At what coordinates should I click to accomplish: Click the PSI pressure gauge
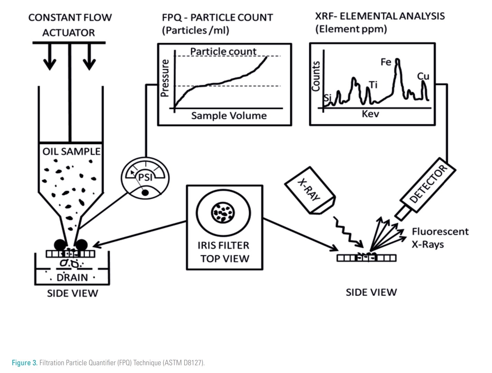coord(145,178)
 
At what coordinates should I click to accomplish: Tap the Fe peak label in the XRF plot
coord(386,62)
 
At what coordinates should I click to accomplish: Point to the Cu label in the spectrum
coord(423,76)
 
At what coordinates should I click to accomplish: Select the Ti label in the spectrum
coord(373,85)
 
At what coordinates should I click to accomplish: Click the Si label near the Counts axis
coord(327,98)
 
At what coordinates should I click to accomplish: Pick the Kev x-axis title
coord(370,114)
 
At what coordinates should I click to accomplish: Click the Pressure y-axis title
coord(165,78)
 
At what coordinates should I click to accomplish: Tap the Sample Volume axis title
coord(229,116)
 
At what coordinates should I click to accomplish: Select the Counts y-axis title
coord(316,76)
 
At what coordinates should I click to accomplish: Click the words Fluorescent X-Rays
coord(440,238)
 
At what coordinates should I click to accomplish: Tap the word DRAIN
coord(72,277)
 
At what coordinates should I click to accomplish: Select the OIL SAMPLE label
coord(71,151)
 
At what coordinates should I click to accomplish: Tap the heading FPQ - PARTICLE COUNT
coord(217,18)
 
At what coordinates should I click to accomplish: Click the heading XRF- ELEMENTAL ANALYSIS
coord(380,16)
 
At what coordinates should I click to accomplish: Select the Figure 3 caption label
coord(25,363)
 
